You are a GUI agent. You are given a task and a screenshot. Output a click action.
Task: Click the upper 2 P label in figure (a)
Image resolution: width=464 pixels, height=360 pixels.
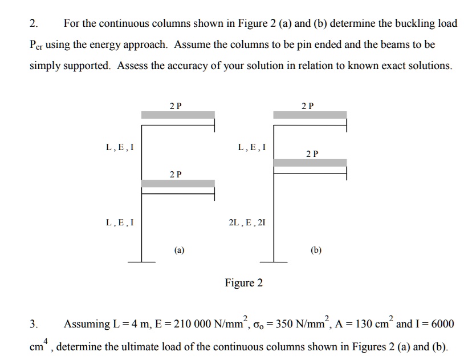(176, 106)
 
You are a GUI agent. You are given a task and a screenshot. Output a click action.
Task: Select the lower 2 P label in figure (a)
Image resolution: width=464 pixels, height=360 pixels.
(176, 174)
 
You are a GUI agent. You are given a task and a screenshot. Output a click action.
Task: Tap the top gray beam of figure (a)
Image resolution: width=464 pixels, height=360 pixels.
(178, 115)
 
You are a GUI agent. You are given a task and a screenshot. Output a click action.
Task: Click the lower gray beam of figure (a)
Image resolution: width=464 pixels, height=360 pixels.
(178, 183)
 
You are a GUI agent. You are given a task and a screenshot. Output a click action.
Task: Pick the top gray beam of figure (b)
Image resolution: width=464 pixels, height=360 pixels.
(310, 115)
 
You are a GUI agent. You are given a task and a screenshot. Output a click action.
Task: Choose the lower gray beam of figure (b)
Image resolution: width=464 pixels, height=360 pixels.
(310, 163)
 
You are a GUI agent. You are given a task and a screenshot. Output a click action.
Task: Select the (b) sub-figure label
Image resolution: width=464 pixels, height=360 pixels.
(316, 249)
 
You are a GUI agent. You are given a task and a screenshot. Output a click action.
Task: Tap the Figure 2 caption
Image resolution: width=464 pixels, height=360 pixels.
(244, 283)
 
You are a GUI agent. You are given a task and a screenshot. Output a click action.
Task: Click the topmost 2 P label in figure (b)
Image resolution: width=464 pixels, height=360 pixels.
(308, 106)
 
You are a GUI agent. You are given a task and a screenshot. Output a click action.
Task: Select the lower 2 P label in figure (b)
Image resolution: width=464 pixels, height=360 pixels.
(312, 153)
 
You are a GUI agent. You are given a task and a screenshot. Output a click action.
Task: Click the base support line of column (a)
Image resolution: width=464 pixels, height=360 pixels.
(141, 262)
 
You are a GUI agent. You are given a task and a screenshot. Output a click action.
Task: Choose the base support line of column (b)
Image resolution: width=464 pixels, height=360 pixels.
(274, 262)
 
